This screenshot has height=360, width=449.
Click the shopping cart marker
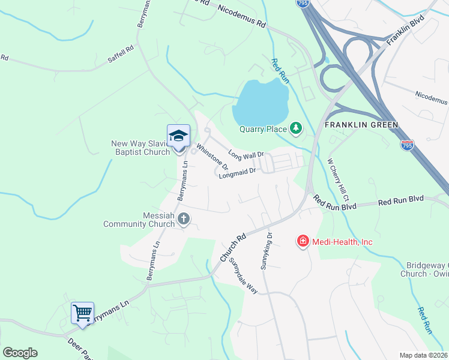(x=82, y=313)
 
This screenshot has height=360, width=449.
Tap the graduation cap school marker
(x=178, y=136)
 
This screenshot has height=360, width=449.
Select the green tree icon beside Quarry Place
(x=295, y=127)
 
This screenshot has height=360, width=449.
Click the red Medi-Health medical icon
(x=303, y=241)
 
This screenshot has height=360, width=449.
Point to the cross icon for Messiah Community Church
(x=184, y=220)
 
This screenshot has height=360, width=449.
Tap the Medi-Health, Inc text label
(x=343, y=242)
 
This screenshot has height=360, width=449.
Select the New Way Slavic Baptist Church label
(x=140, y=148)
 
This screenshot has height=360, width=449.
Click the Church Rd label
(x=234, y=247)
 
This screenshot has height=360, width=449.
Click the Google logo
(x=20, y=353)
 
